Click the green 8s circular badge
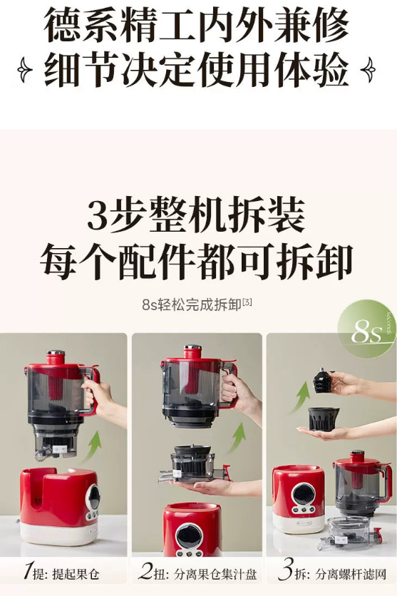366,329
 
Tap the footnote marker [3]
247,302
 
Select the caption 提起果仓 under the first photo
76,574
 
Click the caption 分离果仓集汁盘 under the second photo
215,574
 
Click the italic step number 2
145,571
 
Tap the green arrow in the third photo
301,397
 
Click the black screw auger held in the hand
323,382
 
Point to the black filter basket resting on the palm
324,418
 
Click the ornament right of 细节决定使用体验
368,70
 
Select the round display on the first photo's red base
93,497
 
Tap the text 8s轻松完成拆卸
192,304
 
